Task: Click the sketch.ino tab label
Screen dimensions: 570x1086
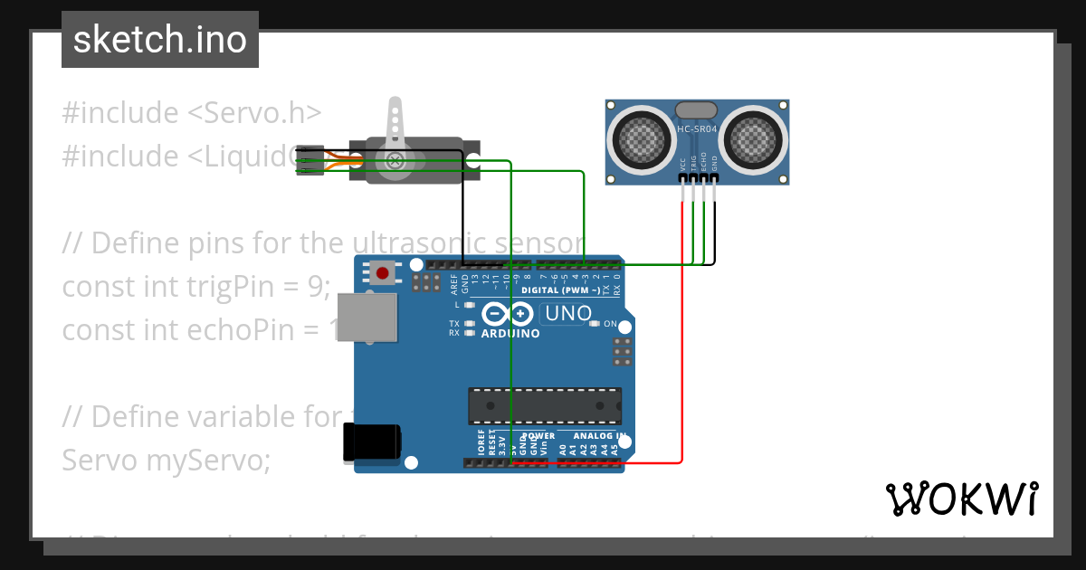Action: tap(159, 40)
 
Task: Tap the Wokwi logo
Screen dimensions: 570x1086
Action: tap(961, 499)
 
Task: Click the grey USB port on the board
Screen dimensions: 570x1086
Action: tap(372, 317)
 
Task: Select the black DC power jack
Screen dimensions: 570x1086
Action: tap(371, 443)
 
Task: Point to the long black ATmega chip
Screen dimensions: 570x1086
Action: tap(544, 405)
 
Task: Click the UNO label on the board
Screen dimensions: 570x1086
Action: tap(567, 314)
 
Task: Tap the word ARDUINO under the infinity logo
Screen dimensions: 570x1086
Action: tap(510, 334)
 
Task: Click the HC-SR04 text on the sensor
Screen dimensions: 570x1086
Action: tap(697, 129)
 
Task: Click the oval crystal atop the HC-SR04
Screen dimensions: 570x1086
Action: tap(697, 109)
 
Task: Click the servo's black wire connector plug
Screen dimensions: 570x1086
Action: tap(310, 160)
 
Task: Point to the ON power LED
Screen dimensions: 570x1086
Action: tap(594, 324)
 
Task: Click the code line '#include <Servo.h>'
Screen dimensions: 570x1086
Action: tap(192, 113)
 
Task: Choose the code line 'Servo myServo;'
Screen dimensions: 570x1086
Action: tap(167, 461)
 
